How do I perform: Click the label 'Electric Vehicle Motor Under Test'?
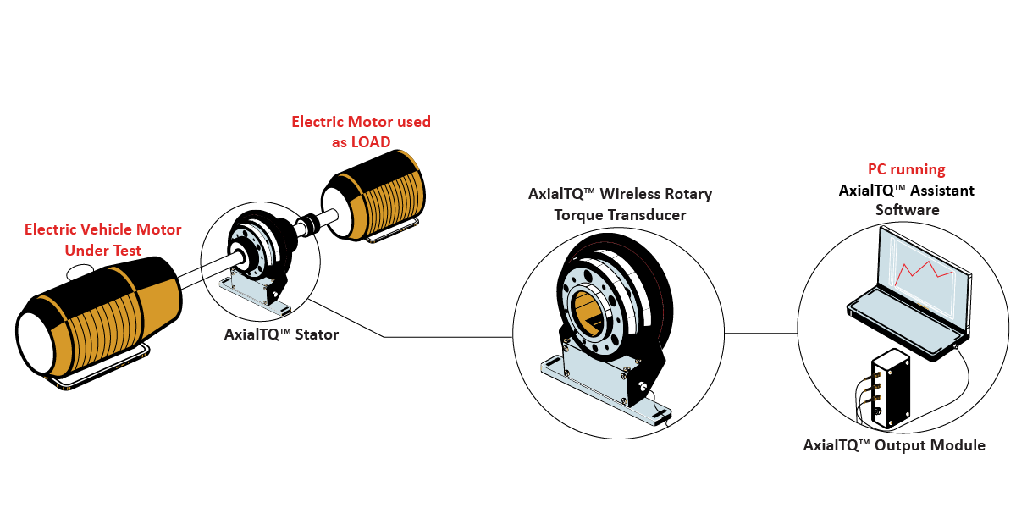[102, 240]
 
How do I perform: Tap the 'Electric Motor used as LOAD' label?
[361, 132]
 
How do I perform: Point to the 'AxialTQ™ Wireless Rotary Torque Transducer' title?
[620, 204]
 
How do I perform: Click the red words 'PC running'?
[906, 169]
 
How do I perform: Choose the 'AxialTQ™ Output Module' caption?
[894, 445]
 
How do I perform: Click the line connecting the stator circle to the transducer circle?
[423, 337]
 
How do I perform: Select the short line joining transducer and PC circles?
[762, 333]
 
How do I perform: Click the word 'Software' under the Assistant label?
[907, 210]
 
